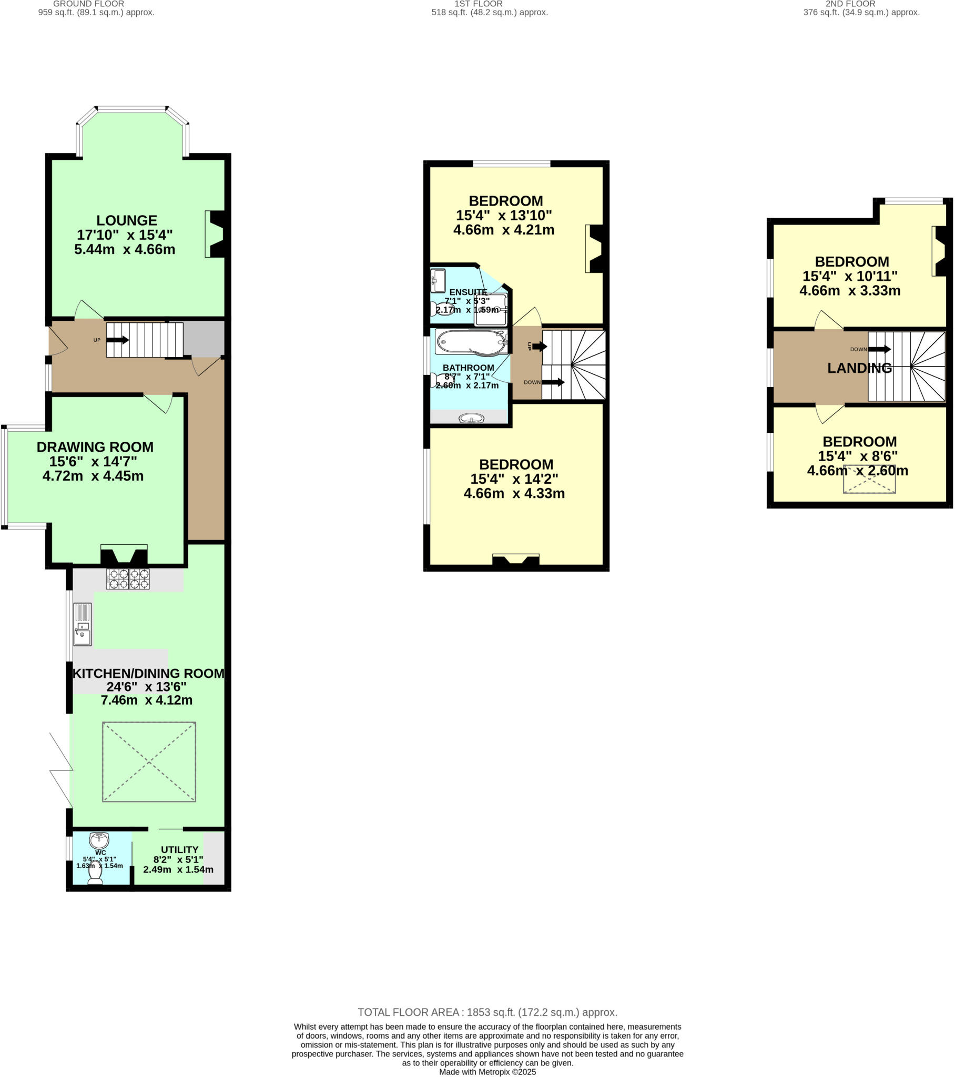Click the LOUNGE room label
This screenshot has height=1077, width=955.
coord(127,220)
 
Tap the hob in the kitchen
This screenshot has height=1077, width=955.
coord(128,578)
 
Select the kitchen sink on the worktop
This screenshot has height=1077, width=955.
coord(82,624)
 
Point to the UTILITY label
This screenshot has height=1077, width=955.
coord(180,849)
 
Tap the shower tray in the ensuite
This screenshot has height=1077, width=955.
coord(491,310)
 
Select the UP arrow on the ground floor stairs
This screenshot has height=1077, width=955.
coord(117,340)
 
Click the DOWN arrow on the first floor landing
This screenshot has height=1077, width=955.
coord(553,382)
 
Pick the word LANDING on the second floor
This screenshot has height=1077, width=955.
coord(859,368)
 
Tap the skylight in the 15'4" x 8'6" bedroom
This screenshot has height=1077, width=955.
coord(869,480)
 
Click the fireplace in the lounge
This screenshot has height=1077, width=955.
coord(216,234)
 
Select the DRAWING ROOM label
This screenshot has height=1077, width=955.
coord(95,447)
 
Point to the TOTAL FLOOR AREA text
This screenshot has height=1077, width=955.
coord(487,1012)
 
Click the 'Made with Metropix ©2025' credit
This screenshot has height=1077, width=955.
coord(487,1072)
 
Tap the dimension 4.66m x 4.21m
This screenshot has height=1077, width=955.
coord(503,230)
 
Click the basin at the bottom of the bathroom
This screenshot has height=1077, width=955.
coord(471,419)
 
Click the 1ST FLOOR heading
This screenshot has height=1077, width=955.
coord(478,4)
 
